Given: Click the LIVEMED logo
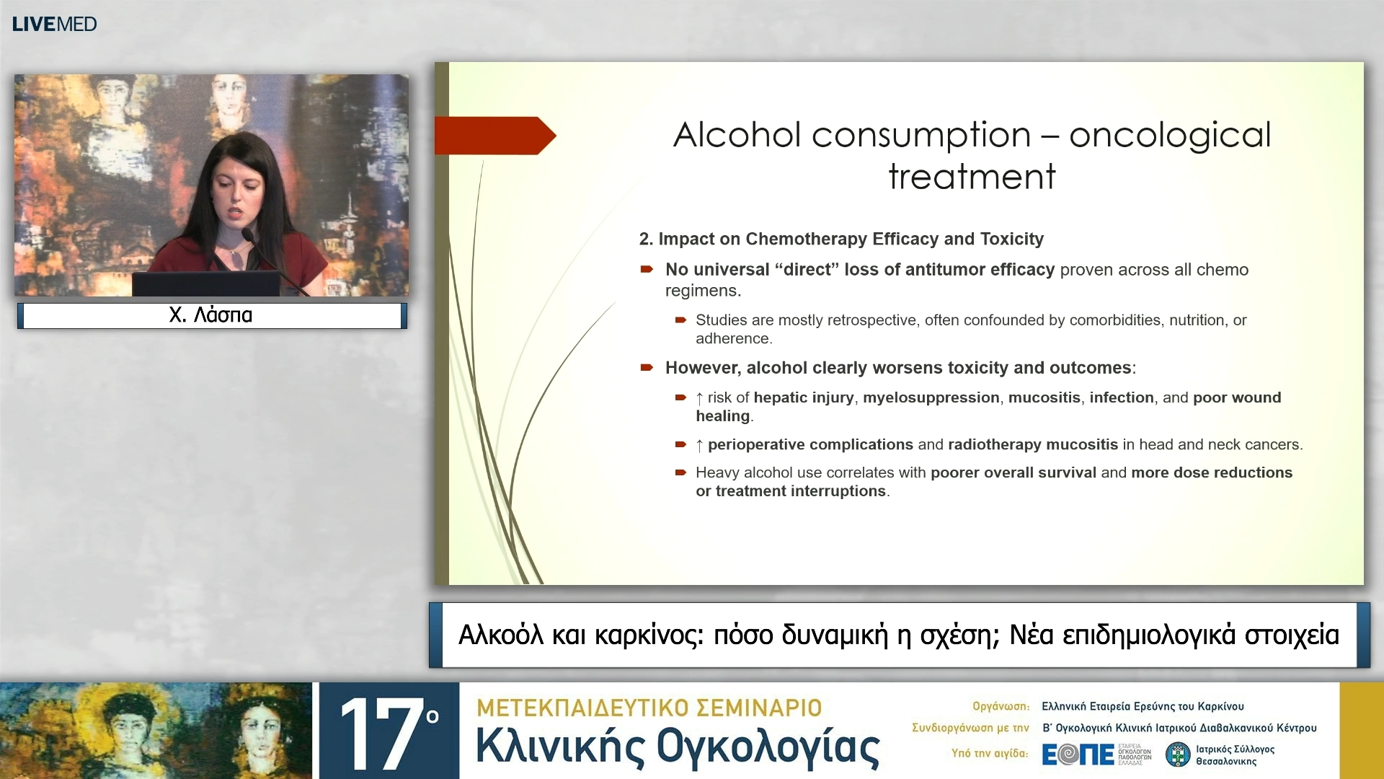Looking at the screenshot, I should [54, 24].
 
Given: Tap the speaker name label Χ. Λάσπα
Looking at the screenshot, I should [210, 315].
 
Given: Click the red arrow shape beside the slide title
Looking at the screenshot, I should [494, 136].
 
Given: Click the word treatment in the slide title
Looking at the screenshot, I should [972, 177].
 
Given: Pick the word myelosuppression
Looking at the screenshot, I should [931, 397].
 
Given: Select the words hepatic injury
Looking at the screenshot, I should [803, 397].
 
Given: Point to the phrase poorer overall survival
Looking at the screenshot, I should [1013, 472].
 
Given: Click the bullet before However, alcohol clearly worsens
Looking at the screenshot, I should [647, 368].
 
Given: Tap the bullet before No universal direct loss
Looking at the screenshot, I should [647, 270].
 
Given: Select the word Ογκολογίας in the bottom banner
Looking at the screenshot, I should [768, 747].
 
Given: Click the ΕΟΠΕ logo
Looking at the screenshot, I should [1078, 754].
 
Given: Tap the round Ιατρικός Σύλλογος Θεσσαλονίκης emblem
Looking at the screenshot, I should [1178, 754].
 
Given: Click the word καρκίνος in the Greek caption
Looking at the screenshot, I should [648, 635].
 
